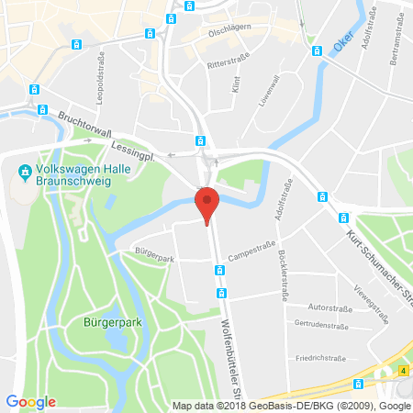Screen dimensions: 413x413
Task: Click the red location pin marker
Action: click(x=208, y=204)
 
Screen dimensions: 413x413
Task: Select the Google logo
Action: click(x=30, y=401)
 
